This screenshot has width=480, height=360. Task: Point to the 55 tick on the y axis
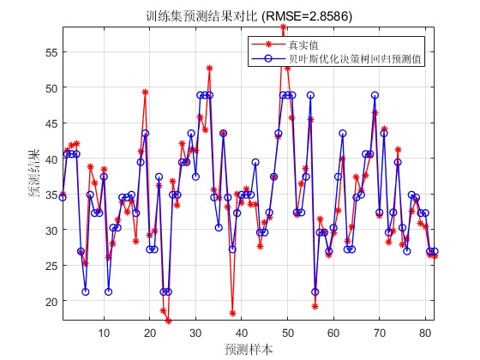(51, 51)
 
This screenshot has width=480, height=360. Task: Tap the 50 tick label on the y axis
(51, 87)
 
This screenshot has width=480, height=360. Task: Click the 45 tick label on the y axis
(51, 123)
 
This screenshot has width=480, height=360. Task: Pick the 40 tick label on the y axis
(51, 159)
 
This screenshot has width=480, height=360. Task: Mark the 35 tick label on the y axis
(51, 195)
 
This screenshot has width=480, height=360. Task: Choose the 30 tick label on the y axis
(51, 230)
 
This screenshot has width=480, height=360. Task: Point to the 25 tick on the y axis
(51, 266)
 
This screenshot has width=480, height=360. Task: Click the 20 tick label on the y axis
(51, 301)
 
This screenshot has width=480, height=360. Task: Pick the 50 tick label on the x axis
(287, 333)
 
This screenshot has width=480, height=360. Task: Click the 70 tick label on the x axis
(379, 333)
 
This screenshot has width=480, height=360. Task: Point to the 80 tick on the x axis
(425, 333)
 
